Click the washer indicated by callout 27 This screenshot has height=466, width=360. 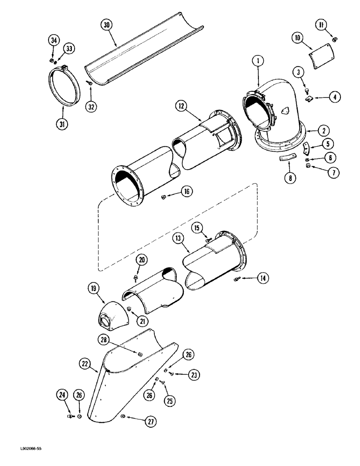123,416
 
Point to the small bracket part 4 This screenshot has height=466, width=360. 308,98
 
